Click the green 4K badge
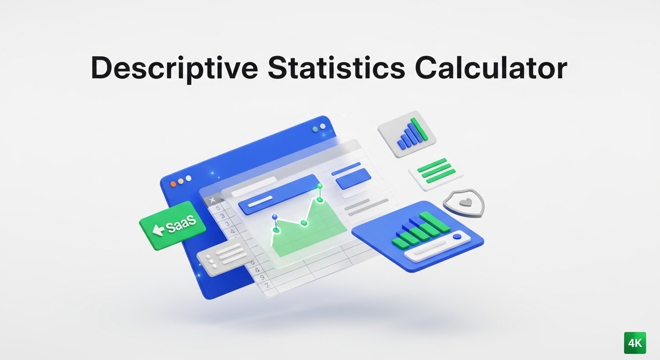[x=635, y=343]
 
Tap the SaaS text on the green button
[x=180, y=225]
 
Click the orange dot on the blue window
[x=173, y=184]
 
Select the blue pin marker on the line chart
[x=275, y=217]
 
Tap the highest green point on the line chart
[x=320, y=186]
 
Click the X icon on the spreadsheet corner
[x=212, y=201]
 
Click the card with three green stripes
[x=436, y=171]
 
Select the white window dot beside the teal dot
[x=322, y=126]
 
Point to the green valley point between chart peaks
[x=304, y=223]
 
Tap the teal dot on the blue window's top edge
[x=315, y=128]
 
